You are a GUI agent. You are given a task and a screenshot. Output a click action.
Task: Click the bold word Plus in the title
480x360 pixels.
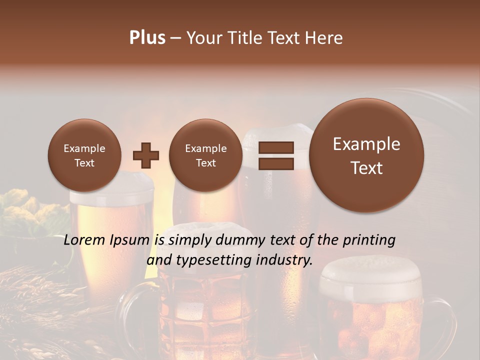pyautogui.click(x=147, y=38)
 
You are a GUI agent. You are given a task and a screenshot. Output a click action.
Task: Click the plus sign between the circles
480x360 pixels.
pyautogui.click(x=146, y=155)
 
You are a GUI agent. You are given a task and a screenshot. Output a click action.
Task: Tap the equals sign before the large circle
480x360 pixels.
pyautogui.click(x=275, y=155)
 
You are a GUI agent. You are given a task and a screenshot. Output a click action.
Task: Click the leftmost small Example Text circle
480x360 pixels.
pyautogui.click(x=84, y=155)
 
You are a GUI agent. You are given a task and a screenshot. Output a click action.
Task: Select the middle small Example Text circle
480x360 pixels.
pyautogui.click(x=205, y=155)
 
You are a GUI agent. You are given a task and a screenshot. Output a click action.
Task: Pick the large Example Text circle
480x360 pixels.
pyautogui.click(x=366, y=155)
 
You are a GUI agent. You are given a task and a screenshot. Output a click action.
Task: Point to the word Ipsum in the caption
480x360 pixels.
pyautogui.click(x=130, y=240)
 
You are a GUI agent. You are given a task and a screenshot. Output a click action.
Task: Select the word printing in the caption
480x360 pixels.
pyautogui.click(x=369, y=240)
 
